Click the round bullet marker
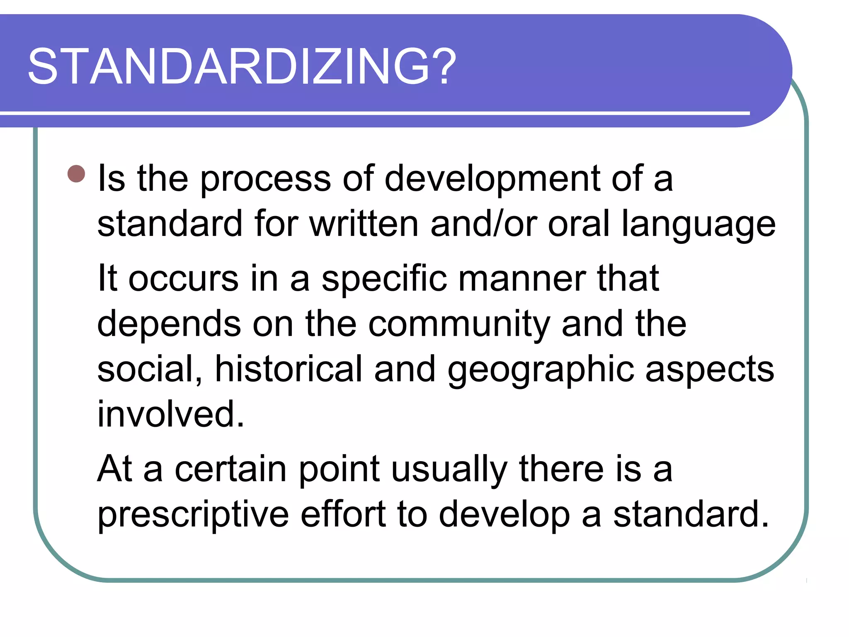[x=76, y=174]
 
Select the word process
[x=265, y=179]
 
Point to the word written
[x=364, y=224]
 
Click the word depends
[x=169, y=324]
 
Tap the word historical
[x=289, y=369]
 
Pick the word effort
[x=343, y=514]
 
